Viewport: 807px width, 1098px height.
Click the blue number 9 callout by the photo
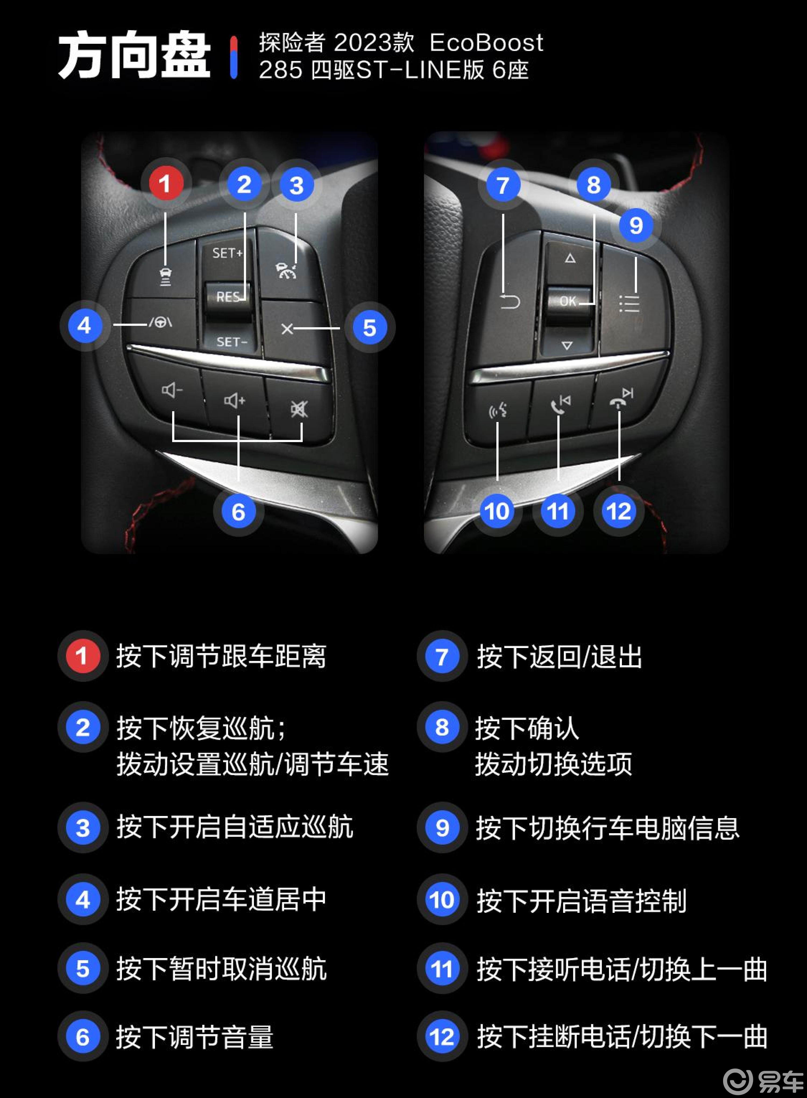[636, 225]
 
